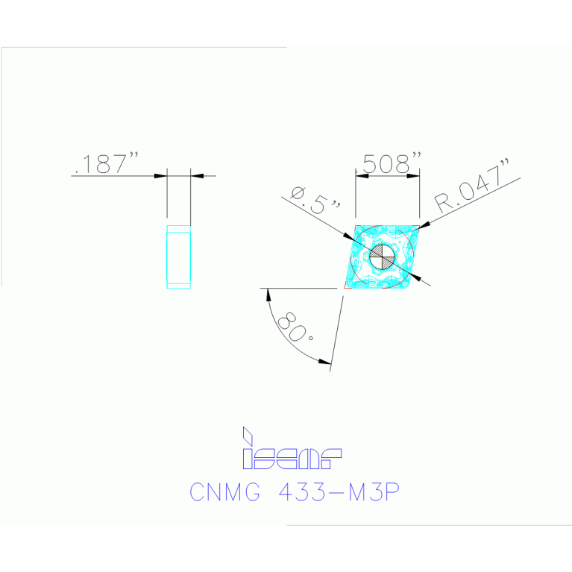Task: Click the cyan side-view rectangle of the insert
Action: (178, 256)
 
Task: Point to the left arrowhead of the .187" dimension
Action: (160, 176)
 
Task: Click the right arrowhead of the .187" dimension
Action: (197, 176)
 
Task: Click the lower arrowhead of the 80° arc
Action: (324, 362)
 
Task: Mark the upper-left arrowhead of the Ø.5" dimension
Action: (351, 237)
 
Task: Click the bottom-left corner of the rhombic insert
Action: (344, 288)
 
